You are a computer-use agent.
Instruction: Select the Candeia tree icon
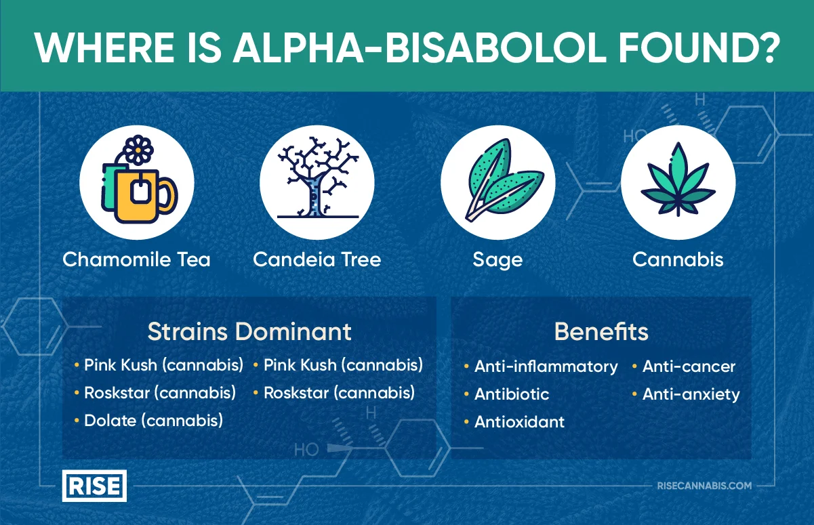pos(317,182)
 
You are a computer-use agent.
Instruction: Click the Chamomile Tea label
pos(136,259)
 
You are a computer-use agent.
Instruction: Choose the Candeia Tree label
pos(317,259)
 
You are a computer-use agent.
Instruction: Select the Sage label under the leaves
pos(497,260)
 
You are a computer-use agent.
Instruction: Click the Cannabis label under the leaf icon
pos(678,259)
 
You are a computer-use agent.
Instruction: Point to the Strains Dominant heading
pos(249,332)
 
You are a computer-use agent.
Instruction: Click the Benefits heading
pos(601,332)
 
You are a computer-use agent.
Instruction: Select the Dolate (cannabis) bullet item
pos(153,420)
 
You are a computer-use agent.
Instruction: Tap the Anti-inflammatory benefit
pos(546,366)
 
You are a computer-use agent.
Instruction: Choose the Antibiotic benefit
pos(512,394)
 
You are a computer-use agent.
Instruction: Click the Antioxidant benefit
pos(519,422)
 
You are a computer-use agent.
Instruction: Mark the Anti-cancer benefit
pos(689,366)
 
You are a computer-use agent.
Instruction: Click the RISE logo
pos(94,486)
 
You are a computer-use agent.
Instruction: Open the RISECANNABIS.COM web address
pos(704,486)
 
